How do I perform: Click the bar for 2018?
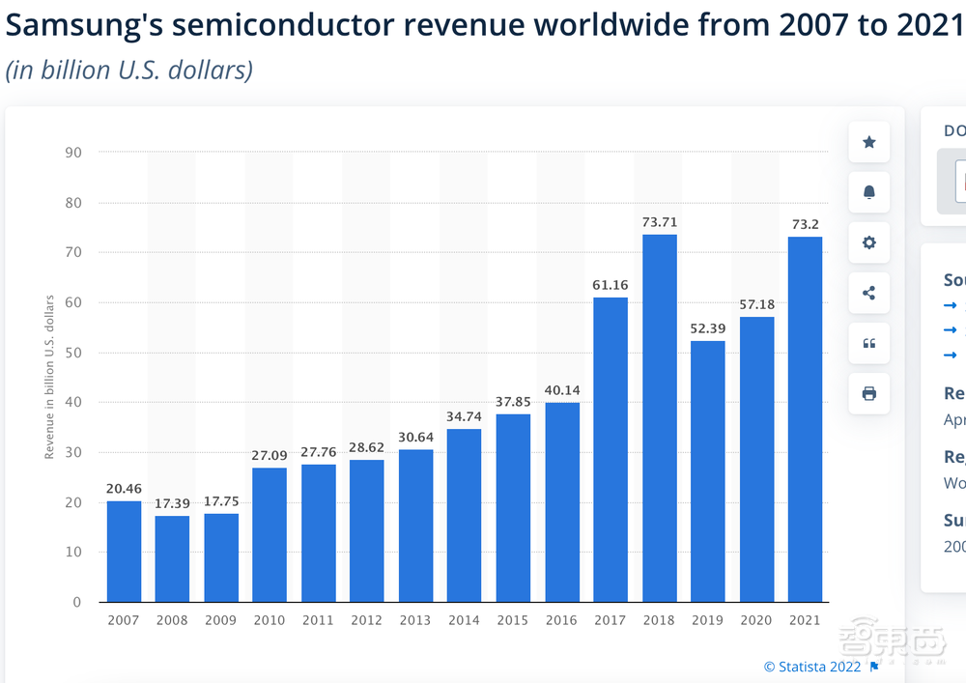(x=659, y=418)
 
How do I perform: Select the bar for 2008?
(x=172, y=558)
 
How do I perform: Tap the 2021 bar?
(x=805, y=419)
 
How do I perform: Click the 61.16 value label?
(x=611, y=285)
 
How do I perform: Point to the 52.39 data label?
(x=708, y=328)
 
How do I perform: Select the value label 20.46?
(x=124, y=489)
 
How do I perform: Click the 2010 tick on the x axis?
(x=270, y=620)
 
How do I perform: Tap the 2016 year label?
(x=561, y=620)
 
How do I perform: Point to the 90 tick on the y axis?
(x=73, y=153)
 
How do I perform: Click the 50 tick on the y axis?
(x=73, y=353)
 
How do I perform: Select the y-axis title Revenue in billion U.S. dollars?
(x=49, y=377)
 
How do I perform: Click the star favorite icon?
(x=868, y=143)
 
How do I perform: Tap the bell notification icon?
(x=868, y=193)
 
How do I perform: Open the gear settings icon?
(x=868, y=242)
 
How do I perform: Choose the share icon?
(x=868, y=293)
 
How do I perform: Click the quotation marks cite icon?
(x=868, y=343)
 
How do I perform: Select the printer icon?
(x=868, y=393)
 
